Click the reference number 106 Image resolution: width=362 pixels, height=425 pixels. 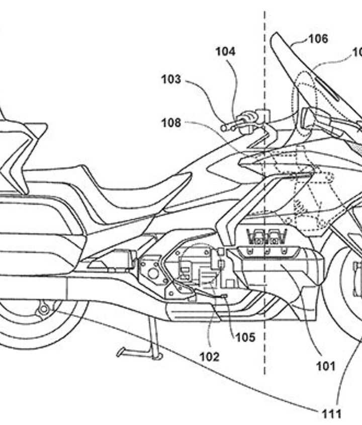[318, 38]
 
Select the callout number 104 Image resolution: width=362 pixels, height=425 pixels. [225, 51]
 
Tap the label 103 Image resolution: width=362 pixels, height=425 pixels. [171, 79]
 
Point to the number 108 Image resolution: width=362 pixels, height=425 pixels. [171, 122]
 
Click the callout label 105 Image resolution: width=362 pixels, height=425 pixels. [245, 337]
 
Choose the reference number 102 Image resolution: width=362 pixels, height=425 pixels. [209, 357]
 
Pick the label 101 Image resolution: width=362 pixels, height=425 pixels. [325, 366]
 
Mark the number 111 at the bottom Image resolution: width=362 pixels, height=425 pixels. [332, 413]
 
